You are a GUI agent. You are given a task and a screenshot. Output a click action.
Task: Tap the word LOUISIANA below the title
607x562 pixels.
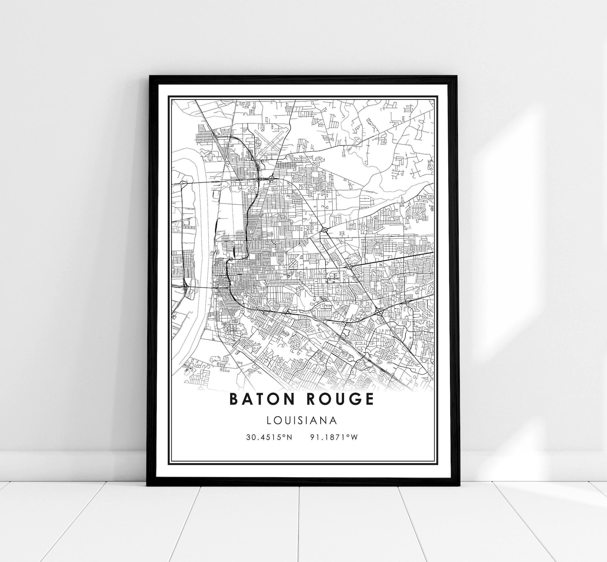pos(302,421)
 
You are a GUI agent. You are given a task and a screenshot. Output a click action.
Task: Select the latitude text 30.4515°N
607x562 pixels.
pos(269,437)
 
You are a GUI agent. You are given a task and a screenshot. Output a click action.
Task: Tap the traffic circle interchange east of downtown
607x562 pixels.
pos(325,230)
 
